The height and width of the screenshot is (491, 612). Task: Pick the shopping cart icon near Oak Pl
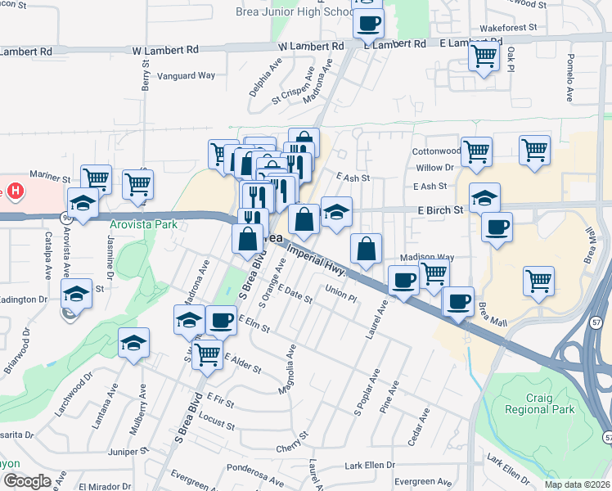[484, 56]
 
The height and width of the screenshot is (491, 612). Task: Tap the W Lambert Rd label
[165, 50]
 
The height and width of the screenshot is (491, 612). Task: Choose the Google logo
[27, 481]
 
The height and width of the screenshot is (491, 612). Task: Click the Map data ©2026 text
[578, 484]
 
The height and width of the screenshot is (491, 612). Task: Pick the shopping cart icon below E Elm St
[208, 354]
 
